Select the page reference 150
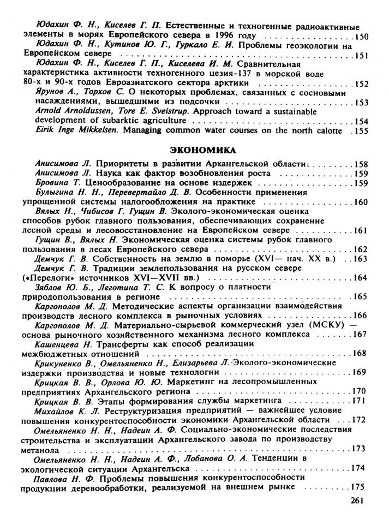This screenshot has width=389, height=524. [x=362, y=37]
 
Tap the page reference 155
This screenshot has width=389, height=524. [x=362, y=131]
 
